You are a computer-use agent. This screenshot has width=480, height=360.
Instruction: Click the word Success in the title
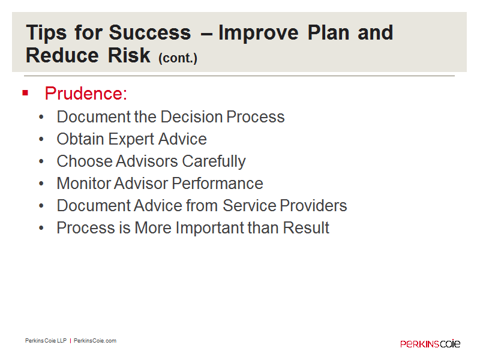[149, 32]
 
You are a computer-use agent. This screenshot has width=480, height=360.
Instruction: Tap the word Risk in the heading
[129, 55]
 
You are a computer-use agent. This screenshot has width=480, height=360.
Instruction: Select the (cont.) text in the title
[178, 58]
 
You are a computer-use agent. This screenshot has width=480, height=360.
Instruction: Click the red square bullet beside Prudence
[25, 93]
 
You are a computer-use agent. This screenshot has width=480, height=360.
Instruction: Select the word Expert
[131, 139]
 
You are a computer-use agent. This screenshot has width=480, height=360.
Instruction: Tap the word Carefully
[214, 161]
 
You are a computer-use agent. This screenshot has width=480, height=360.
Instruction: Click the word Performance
[217, 184]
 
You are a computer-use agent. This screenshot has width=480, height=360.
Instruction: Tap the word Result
[305, 228]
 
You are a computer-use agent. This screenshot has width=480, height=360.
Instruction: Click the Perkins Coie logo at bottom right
[430, 343]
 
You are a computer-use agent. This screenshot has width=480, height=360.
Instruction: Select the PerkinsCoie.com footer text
[95, 341]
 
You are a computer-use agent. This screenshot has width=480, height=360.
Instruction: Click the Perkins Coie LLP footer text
[46, 341]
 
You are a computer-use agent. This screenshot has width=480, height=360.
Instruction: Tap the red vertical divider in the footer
[70, 341]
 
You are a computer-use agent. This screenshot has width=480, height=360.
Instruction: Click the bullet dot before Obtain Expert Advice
[41, 139]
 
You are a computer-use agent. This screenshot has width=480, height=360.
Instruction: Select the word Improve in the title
[259, 33]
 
